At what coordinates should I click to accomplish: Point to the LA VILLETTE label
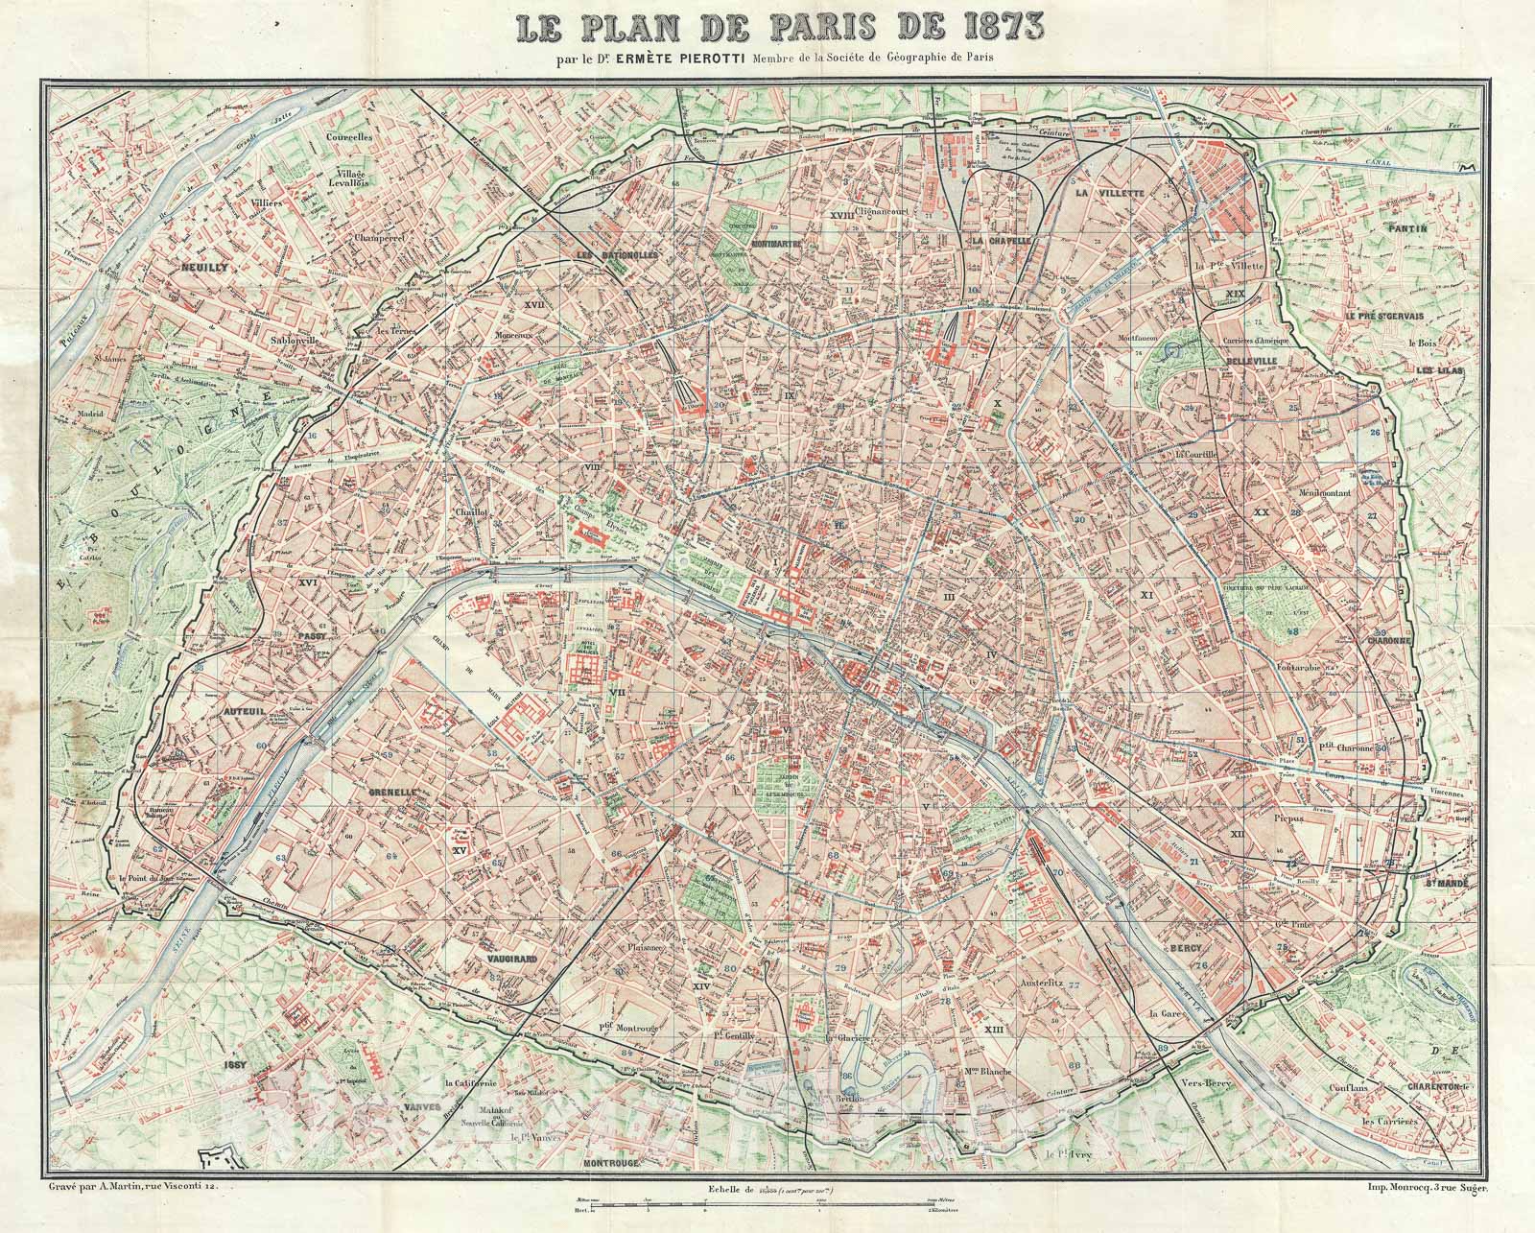point(1110,193)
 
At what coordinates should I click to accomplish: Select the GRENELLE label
point(390,794)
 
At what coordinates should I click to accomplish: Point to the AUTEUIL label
point(216,687)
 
